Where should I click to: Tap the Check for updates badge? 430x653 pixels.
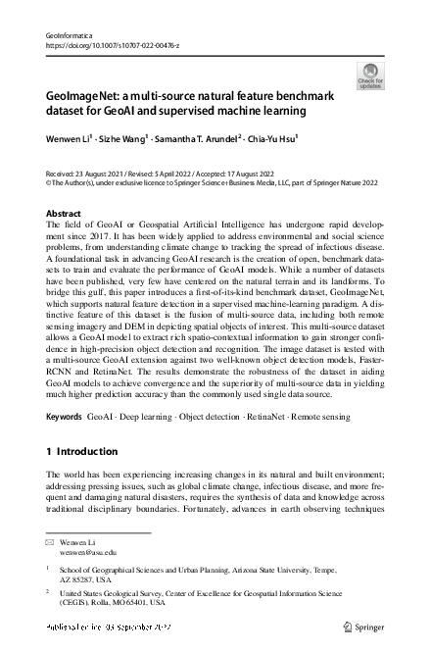tap(371, 75)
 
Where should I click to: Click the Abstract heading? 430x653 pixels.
tap(65, 213)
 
